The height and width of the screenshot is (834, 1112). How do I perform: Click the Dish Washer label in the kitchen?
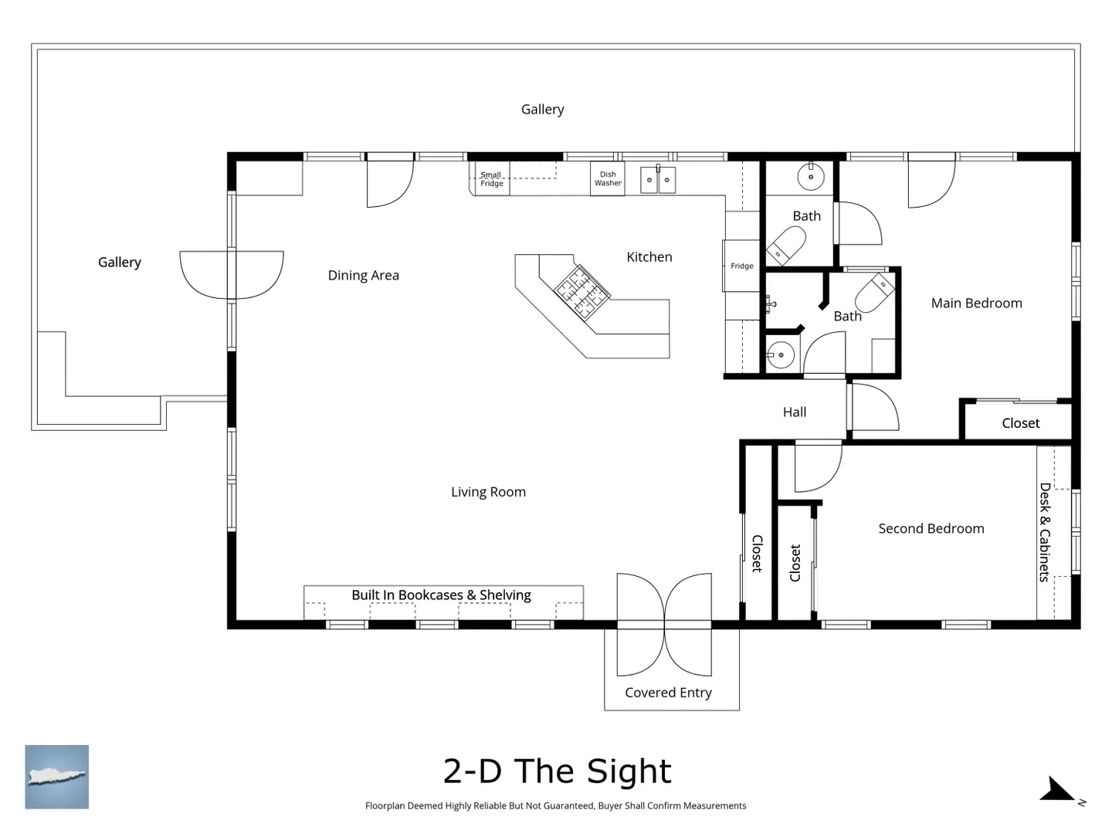608,178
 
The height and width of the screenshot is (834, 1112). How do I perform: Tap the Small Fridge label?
491,178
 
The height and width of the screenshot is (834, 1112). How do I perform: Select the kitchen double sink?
658,179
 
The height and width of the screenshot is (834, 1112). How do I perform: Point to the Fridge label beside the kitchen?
741,266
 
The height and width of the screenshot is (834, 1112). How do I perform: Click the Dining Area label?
363,276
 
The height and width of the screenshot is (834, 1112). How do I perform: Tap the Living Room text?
488,492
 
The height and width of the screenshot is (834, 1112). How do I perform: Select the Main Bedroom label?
976,303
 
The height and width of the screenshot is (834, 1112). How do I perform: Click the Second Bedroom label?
931,529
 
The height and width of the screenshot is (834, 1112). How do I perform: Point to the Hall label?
795,412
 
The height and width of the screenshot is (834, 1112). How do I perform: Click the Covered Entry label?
668,693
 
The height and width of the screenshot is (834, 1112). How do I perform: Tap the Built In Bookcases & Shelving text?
441,595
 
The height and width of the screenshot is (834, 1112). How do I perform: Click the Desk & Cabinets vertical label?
1045,532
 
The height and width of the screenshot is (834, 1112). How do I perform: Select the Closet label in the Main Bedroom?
1020,423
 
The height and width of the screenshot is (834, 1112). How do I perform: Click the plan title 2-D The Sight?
558,771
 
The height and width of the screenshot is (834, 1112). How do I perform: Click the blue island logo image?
56,777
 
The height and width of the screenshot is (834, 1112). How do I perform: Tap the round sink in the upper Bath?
811,177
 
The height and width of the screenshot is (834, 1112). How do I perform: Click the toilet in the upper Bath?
786,246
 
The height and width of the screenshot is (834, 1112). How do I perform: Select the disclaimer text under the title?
556,805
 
